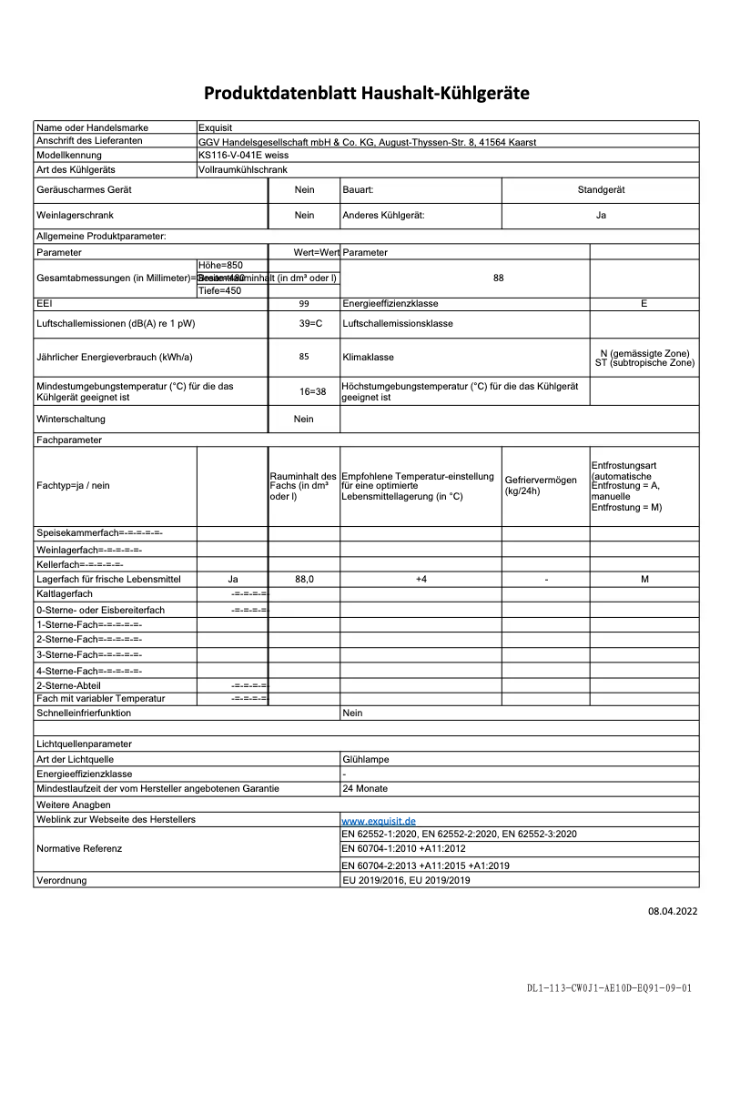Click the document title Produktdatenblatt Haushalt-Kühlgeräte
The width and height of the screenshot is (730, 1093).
pyautogui.click(x=366, y=93)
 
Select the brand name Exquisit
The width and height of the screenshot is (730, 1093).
pyautogui.click(x=216, y=128)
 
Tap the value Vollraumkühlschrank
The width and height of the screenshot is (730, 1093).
pyautogui.click(x=242, y=169)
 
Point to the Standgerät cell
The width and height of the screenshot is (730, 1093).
pyautogui.click(x=601, y=190)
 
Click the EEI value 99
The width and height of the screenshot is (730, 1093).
pyautogui.click(x=304, y=304)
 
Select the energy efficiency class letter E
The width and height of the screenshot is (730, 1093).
pyautogui.click(x=644, y=304)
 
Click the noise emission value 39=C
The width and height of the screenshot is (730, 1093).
pyautogui.click(x=304, y=323)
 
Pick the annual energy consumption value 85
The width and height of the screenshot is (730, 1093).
pyautogui.click(x=304, y=357)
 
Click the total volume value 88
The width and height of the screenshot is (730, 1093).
pyautogui.click(x=498, y=278)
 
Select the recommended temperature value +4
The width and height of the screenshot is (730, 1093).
pyautogui.click(x=421, y=580)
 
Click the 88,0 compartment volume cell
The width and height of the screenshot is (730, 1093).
pyautogui.click(x=304, y=580)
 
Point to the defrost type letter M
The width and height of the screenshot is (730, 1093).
pyautogui.click(x=644, y=580)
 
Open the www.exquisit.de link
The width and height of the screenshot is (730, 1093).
pyautogui.click(x=378, y=821)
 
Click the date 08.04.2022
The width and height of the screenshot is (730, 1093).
pyautogui.click(x=673, y=910)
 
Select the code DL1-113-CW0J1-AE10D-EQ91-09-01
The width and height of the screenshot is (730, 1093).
pyautogui.click(x=609, y=987)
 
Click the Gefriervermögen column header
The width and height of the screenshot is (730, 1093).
pyautogui.click(x=541, y=485)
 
